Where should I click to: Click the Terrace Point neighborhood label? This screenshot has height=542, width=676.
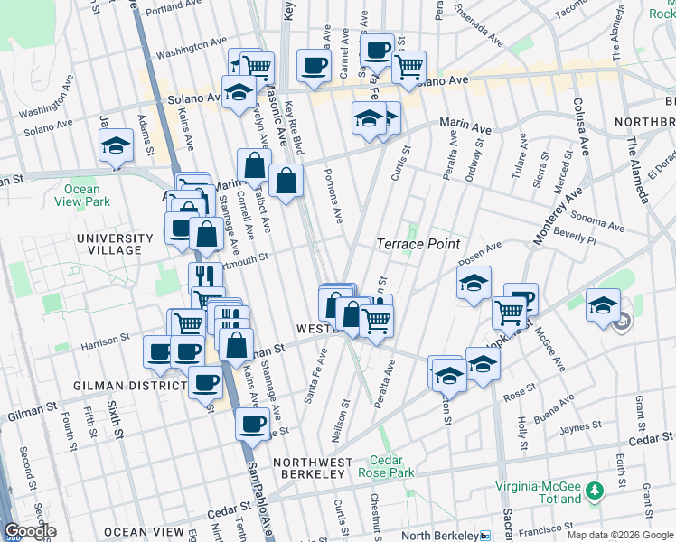[418, 244]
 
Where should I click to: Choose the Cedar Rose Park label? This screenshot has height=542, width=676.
[391, 465]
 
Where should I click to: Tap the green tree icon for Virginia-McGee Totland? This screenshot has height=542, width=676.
[595, 491]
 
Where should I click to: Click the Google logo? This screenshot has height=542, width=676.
[29, 531]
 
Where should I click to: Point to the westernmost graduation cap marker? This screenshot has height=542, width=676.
[116, 145]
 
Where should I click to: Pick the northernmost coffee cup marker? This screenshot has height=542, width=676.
[377, 49]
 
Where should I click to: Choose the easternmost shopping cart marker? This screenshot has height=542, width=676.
[509, 312]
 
